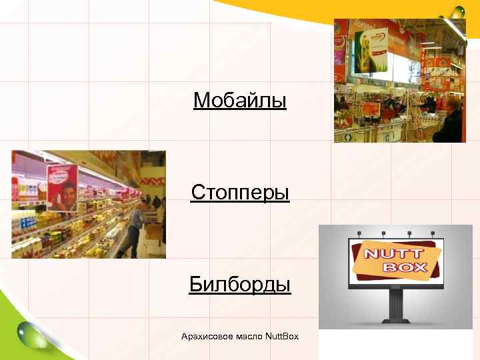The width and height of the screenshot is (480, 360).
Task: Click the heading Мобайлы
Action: click(x=240, y=101)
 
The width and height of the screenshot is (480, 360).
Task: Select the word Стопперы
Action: click(x=240, y=193)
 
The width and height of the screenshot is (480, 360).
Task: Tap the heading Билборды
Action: click(x=240, y=285)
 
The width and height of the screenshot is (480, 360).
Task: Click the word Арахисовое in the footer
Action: click(x=207, y=336)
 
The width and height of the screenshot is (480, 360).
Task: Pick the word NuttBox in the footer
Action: click(x=282, y=336)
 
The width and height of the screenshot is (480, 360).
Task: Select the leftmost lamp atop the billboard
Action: click(x=359, y=233)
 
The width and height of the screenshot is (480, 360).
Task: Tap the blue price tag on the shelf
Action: click(x=27, y=223)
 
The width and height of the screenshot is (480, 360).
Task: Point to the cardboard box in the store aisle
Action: click(x=154, y=231)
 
